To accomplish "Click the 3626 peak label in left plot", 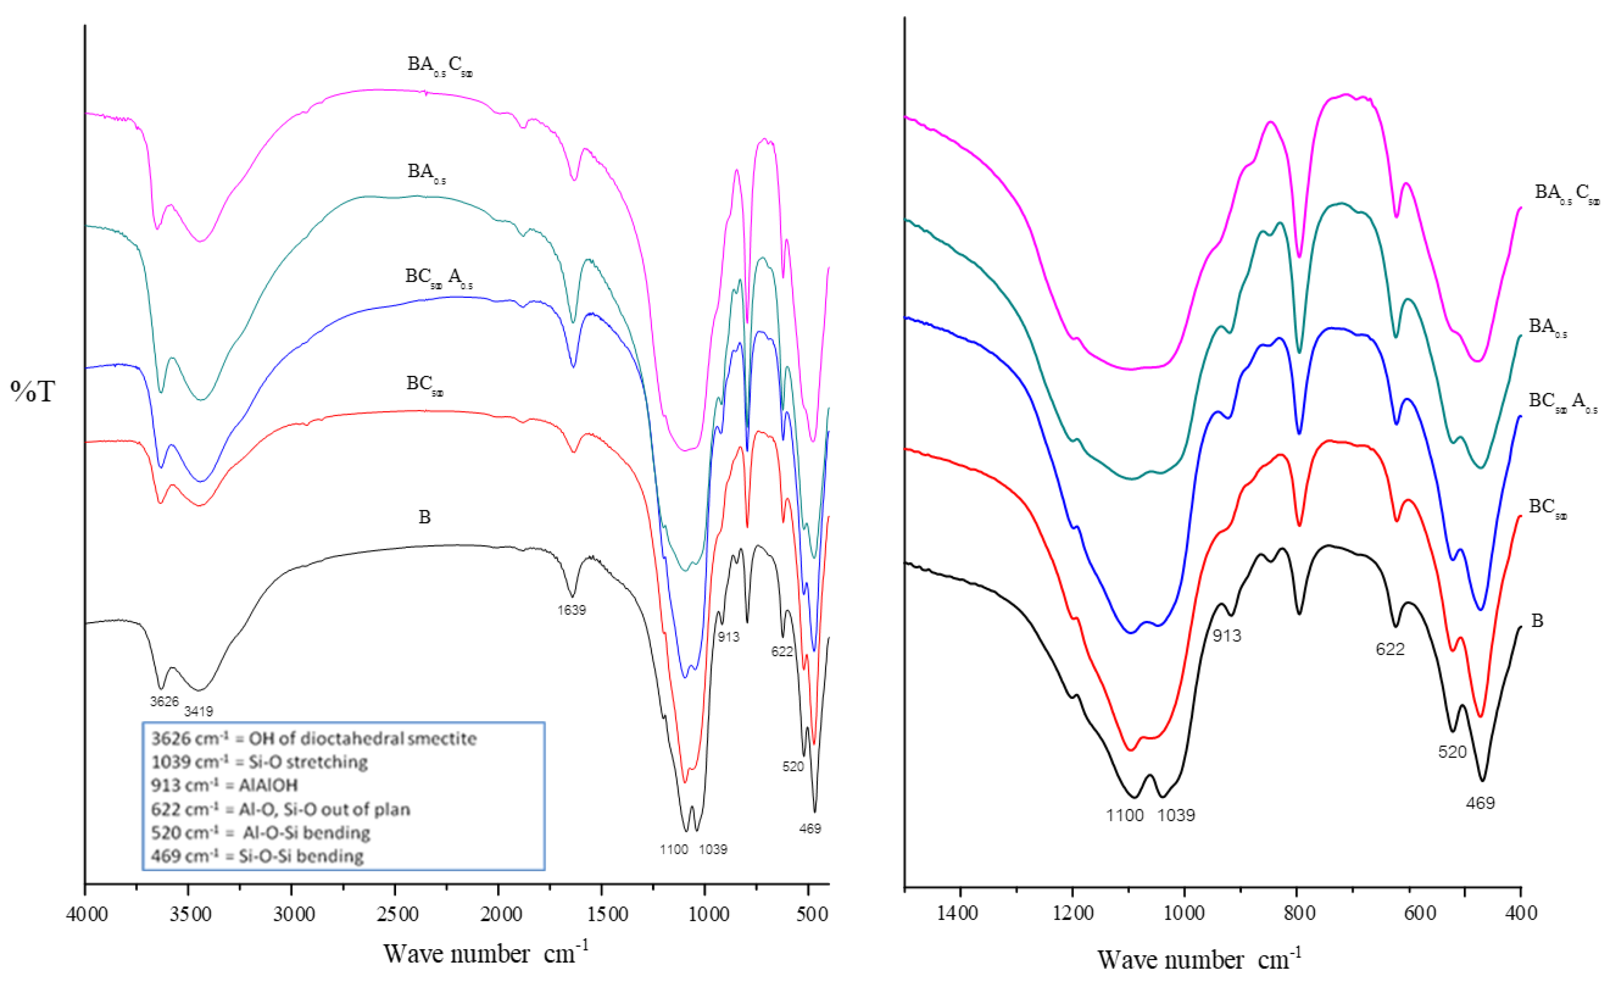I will point(164,701).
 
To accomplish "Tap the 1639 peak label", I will point(571,610).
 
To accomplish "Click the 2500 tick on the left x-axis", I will point(396,913).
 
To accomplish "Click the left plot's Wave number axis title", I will point(485,953).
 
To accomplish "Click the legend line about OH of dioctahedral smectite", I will point(314,739).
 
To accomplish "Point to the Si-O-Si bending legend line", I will point(257,856).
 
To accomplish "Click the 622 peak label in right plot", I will point(1390,649).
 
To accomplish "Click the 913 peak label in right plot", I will point(1226,635).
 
